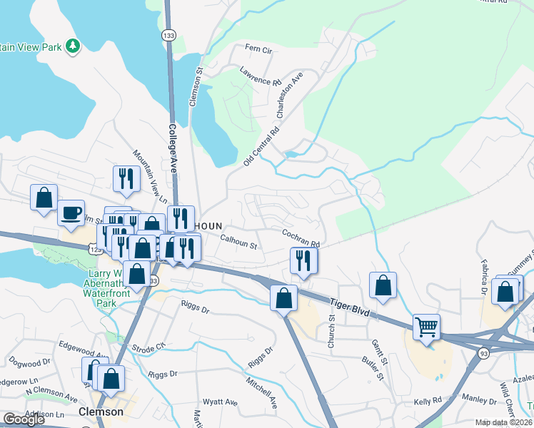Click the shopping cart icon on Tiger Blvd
[426, 327]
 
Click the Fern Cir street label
[259, 50]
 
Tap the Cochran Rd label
[300, 238]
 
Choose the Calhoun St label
[238, 243]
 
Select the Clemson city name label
[101, 412]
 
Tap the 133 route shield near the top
[168, 34]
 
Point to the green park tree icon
[72, 46]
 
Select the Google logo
[24, 419]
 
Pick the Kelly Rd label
[428, 401]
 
